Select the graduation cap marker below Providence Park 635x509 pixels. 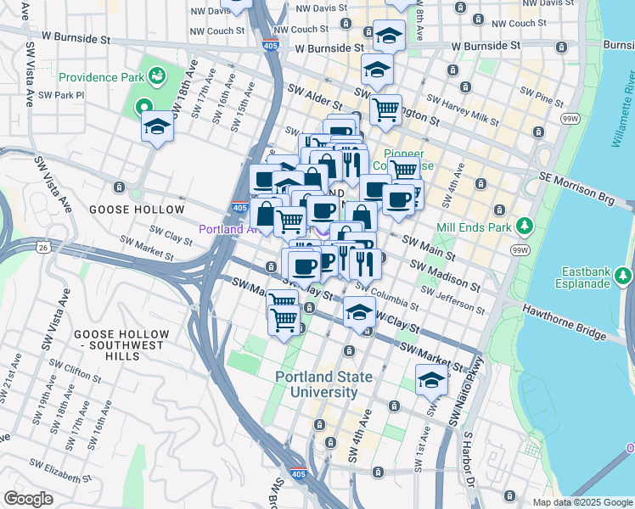(x=157, y=127)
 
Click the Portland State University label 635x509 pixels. (x=317, y=384)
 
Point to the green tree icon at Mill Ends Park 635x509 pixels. (x=525, y=226)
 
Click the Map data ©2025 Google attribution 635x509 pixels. (x=582, y=502)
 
